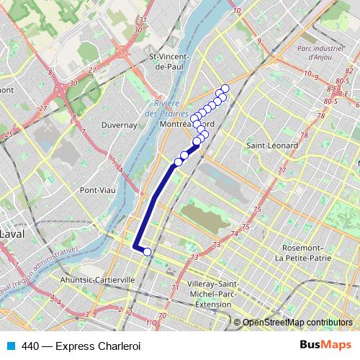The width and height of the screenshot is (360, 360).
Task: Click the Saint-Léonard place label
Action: tap(266, 145)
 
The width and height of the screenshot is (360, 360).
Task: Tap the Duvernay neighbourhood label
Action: tap(120, 125)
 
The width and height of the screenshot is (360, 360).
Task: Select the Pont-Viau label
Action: tap(98, 190)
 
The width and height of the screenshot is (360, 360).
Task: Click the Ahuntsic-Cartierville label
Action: tap(98, 280)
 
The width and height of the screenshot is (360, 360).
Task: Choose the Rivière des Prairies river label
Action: tap(166, 108)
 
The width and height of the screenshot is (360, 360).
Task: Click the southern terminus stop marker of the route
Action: tap(147, 252)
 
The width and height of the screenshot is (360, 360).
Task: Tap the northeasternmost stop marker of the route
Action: tap(225, 89)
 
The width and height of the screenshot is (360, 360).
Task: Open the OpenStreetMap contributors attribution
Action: tap(297, 323)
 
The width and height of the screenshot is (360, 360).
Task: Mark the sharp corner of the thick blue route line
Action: tap(135, 247)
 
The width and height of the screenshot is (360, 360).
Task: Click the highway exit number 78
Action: tap(304, 135)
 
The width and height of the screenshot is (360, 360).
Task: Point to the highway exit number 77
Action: tap(282, 171)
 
